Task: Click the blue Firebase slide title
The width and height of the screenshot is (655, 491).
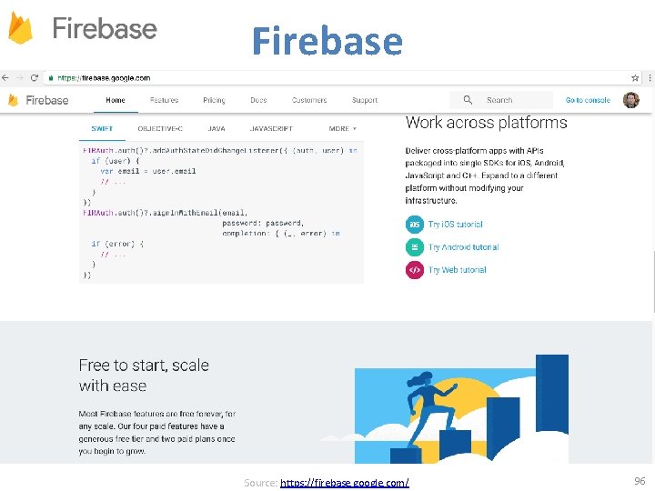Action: (x=327, y=41)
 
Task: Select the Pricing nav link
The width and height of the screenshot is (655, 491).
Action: (x=214, y=100)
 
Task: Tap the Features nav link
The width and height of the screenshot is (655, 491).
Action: (x=165, y=100)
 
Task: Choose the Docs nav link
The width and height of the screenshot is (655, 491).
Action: (x=258, y=100)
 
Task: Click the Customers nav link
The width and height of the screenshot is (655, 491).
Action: (x=309, y=100)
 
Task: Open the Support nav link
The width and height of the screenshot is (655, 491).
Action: (x=365, y=100)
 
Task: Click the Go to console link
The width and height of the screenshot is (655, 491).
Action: (x=588, y=100)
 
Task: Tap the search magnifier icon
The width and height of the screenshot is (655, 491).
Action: (x=468, y=100)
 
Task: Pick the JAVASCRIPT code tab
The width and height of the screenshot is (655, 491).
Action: (x=271, y=128)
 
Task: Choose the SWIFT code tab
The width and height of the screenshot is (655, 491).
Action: (x=101, y=128)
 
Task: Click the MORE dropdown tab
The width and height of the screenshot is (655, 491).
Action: (x=342, y=128)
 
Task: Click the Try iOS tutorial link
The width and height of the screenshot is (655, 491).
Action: (x=455, y=224)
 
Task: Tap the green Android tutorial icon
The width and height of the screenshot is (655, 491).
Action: (x=414, y=246)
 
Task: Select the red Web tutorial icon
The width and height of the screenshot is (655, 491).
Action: (x=414, y=270)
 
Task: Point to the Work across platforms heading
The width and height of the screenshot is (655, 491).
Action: (x=486, y=123)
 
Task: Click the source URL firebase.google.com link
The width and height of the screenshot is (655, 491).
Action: (x=345, y=482)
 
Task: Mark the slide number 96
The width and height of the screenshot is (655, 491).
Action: (x=639, y=480)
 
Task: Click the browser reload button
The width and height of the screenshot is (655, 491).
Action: (x=35, y=78)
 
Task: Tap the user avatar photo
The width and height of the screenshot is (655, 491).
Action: (x=630, y=100)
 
